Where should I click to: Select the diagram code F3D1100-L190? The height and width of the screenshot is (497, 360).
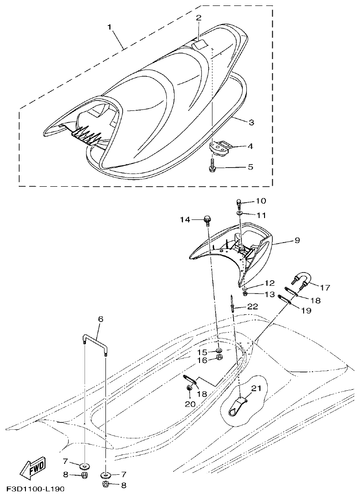35,490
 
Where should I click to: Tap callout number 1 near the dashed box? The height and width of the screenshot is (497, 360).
110,27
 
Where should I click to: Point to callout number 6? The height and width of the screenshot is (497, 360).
101,319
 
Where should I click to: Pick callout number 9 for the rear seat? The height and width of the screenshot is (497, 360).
297,240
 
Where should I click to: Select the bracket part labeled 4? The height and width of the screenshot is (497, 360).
220,146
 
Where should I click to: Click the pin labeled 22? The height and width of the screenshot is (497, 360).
233,303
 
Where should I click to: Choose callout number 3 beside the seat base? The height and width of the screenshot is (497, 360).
251,122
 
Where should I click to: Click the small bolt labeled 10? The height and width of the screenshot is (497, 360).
239,202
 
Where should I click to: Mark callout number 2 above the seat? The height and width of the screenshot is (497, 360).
198,18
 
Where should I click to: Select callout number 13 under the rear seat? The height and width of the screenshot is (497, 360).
257,294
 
